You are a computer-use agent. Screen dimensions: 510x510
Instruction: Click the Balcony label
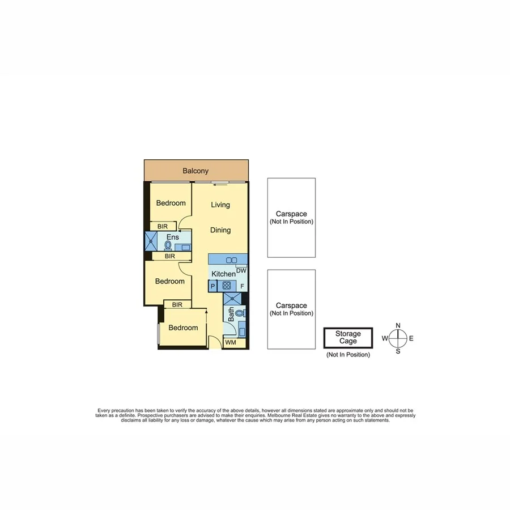tap(195, 171)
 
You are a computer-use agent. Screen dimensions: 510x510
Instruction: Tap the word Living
tap(220, 205)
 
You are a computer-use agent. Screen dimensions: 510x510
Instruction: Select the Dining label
tap(220, 230)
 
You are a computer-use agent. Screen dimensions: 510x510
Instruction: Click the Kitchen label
tap(223, 274)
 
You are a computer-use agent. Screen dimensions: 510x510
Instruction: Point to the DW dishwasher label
tap(241, 271)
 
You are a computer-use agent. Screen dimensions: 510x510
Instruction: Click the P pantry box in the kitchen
tap(212, 287)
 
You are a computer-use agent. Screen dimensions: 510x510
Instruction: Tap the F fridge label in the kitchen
tap(242, 287)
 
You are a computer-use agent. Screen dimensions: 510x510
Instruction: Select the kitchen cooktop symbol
tap(227, 286)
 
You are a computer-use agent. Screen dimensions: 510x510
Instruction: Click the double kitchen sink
tap(231, 260)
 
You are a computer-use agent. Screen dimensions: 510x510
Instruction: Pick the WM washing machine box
tap(231, 343)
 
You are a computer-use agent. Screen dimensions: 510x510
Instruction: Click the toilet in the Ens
tap(168, 245)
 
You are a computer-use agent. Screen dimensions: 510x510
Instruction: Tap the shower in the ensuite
tap(151, 241)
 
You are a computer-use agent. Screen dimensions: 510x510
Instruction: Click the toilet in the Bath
tap(240, 313)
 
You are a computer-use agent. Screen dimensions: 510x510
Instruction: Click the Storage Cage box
tap(348, 338)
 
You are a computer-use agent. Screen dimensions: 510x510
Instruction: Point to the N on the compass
tap(398, 325)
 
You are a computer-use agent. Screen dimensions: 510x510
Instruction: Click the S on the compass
tap(398, 351)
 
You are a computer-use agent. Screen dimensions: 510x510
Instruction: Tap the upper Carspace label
tap(291, 214)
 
